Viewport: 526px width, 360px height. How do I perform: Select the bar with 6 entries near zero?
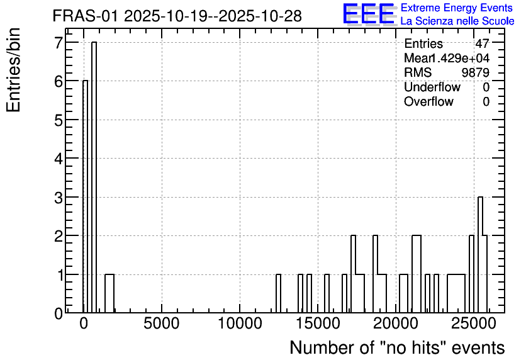click(x=85, y=196)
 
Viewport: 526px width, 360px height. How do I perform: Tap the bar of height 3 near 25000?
click(x=480, y=255)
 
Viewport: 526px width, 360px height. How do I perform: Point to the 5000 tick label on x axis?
click(x=161, y=323)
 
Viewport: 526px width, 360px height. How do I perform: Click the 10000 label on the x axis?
click(x=240, y=323)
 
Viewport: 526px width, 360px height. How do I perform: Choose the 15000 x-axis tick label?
click(x=318, y=323)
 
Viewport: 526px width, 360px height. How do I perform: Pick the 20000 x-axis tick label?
click(x=396, y=323)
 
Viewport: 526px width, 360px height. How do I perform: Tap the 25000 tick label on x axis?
click(x=474, y=323)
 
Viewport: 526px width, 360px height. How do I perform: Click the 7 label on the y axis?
click(x=59, y=43)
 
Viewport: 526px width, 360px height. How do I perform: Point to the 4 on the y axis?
click(x=59, y=159)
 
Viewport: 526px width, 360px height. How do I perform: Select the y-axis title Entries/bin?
click(x=13, y=70)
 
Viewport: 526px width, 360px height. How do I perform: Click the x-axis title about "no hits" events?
click(x=397, y=347)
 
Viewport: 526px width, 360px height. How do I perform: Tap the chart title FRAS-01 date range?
click(x=177, y=16)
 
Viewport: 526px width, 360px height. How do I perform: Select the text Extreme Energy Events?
click(x=457, y=8)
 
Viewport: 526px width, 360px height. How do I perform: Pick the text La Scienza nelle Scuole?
click(x=457, y=21)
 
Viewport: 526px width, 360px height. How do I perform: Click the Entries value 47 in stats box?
click(x=482, y=43)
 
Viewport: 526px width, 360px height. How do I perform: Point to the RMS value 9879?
click(x=475, y=72)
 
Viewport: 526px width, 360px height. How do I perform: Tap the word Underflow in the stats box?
click(x=432, y=87)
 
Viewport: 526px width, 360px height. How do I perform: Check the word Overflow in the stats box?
click(x=428, y=101)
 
